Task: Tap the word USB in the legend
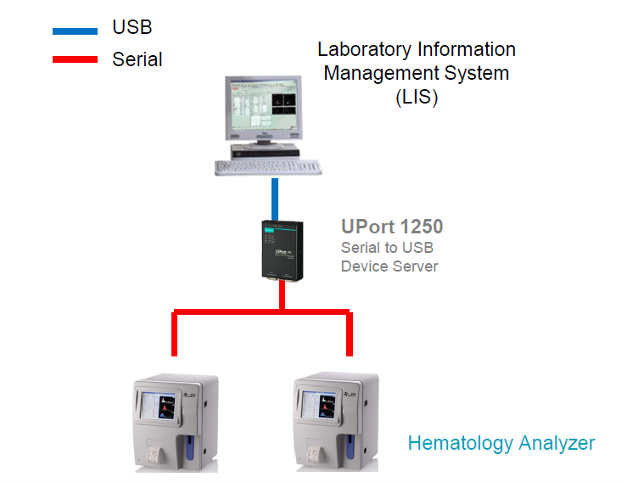point(132,28)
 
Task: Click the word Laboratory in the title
point(366,50)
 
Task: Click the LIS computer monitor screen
point(261,107)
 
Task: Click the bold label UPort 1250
point(392,227)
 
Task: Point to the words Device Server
point(389,266)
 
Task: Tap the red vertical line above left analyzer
point(175,334)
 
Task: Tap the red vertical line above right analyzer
point(349,334)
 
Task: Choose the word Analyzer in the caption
point(559,443)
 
